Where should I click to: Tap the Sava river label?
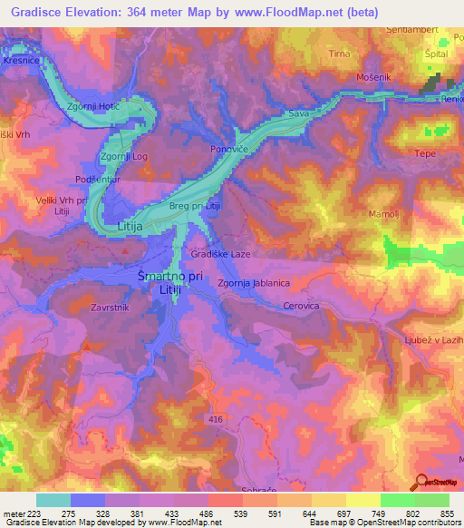(x=299, y=114)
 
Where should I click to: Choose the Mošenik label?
(x=372, y=78)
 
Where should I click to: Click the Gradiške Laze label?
(x=220, y=255)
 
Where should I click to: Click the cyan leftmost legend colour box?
(x=53, y=500)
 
